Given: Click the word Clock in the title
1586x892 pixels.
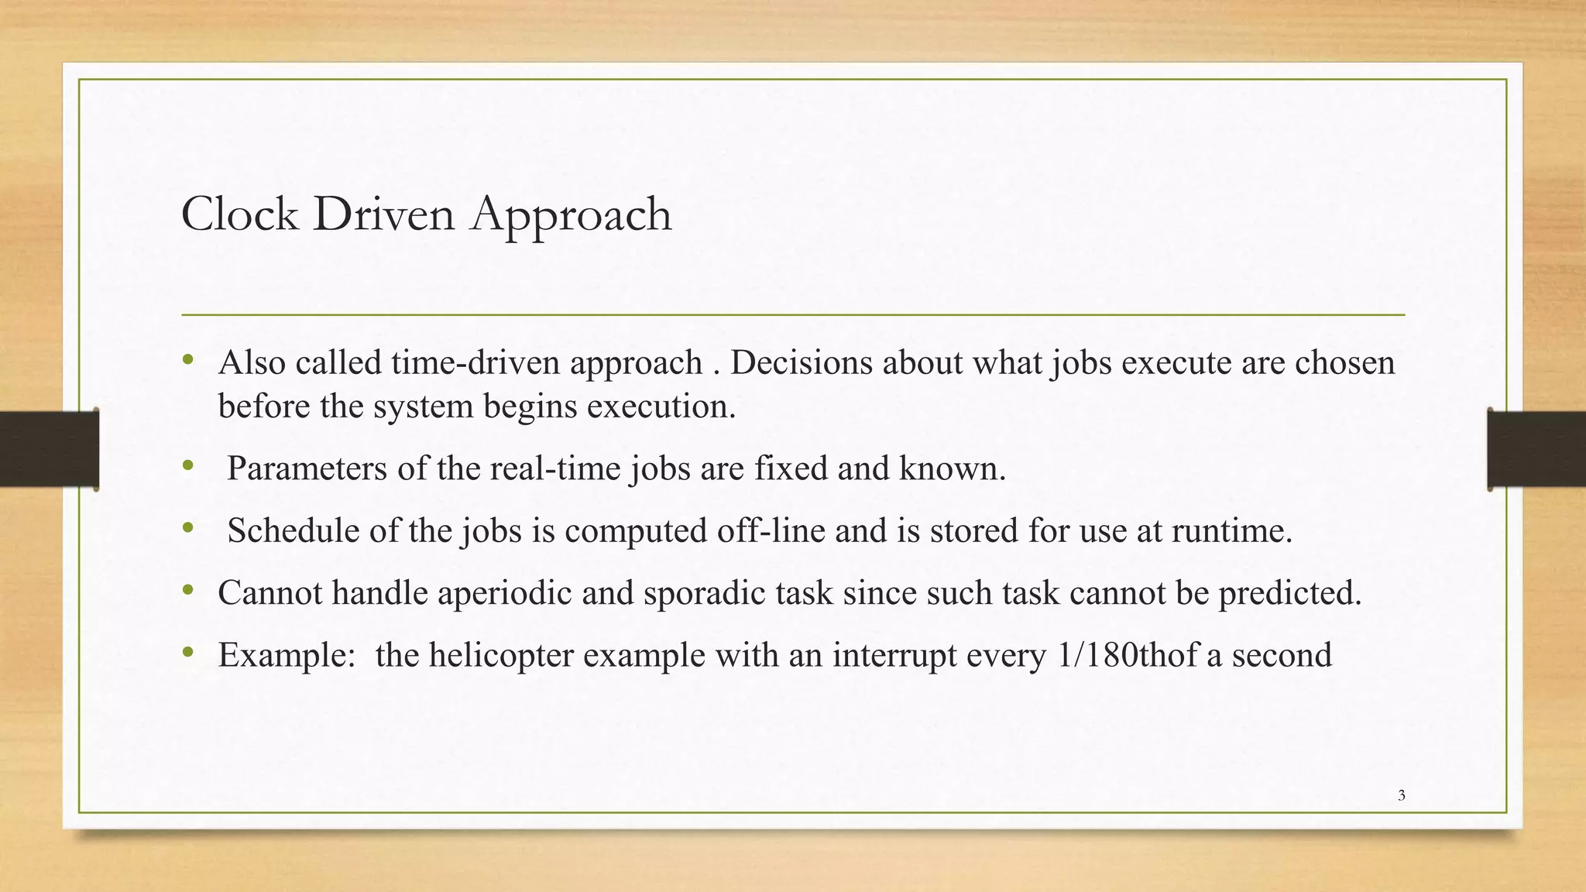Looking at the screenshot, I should (x=239, y=214).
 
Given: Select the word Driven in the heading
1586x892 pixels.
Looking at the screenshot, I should (x=384, y=214).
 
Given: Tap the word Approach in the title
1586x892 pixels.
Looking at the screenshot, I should (x=571, y=215).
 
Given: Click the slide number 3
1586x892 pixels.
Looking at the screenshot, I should (x=1401, y=795).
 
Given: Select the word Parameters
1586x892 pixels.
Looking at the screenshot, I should (x=307, y=468).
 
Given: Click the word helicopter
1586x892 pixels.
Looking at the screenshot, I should (x=500, y=656).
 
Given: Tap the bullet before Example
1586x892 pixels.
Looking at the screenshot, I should (x=187, y=654).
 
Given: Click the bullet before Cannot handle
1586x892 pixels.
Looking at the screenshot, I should (x=187, y=591).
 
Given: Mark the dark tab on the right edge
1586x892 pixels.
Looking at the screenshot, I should (x=1536, y=449).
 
